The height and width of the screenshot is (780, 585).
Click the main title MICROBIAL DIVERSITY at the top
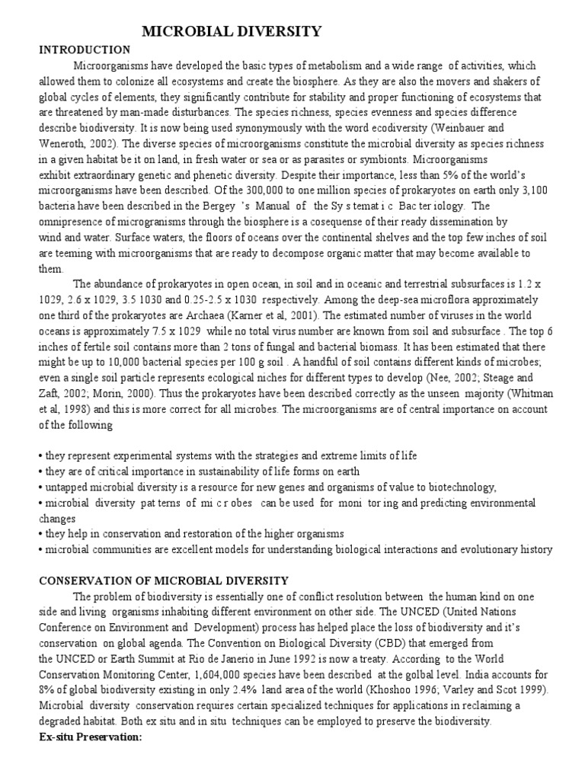232,31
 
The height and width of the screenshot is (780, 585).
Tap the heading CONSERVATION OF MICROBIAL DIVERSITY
164,580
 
